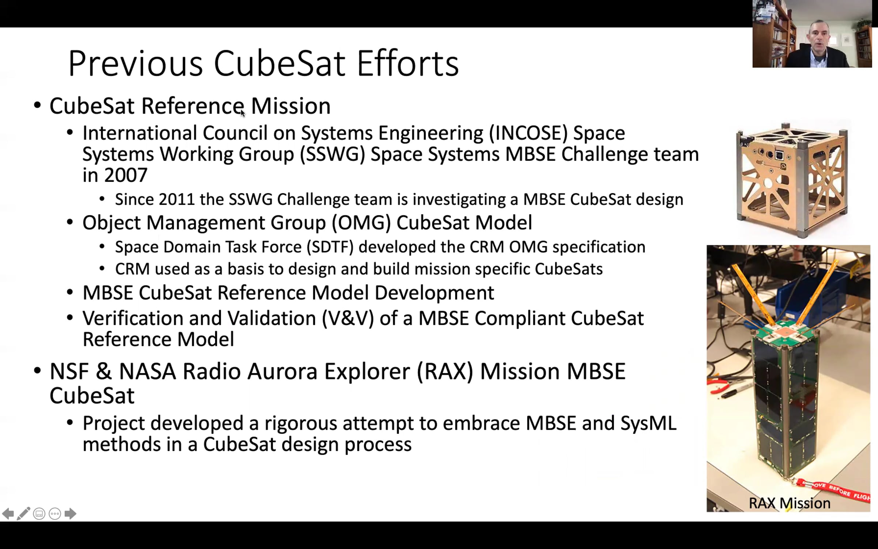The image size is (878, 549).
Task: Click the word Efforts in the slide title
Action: tap(408, 63)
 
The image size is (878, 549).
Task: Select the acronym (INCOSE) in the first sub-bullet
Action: tap(528, 133)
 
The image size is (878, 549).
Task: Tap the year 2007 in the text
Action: tap(125, 175)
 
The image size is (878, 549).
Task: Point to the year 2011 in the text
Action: tap(177, 199)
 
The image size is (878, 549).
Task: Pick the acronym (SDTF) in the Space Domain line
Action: tap(330, 247)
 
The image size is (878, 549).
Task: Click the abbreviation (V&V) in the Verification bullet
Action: tap(348, 318)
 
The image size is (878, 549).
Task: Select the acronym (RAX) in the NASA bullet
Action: tap(445, 371)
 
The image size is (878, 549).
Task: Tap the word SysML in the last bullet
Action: tap(648, 423)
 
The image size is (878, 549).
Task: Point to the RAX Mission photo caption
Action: tap(789, 503)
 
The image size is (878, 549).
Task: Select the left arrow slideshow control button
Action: tap(8, 513)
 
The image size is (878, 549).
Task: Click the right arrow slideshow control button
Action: tap(70, 513)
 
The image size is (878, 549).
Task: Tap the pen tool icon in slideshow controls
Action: tap(23, 513)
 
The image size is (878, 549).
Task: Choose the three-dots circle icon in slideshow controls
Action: tap(55, 514)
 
